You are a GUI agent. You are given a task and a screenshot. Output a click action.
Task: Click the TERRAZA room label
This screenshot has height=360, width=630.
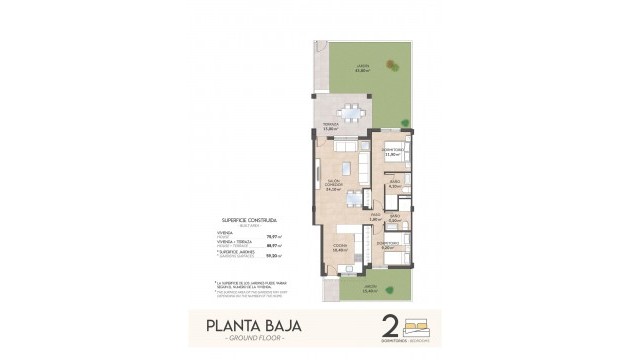click(331, 126)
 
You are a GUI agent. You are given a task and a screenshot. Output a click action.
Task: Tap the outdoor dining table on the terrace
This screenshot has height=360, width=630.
click(351, 111)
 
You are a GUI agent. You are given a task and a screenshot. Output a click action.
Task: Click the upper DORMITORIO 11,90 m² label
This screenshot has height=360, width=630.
click(393, 153)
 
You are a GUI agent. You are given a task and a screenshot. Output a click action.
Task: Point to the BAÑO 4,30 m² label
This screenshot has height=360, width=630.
click(393, 184)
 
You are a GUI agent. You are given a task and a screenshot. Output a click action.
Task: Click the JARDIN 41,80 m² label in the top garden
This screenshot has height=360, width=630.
click(362, 67)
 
